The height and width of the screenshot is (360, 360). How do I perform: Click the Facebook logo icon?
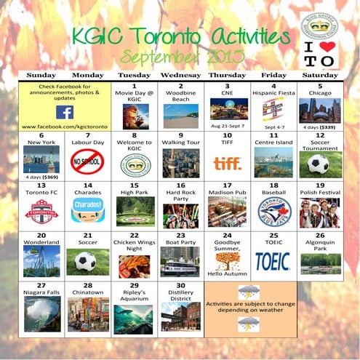pos(65,112)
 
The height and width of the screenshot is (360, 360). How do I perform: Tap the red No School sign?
pos(87,164)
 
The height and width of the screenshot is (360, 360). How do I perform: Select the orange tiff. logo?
pos(227,164)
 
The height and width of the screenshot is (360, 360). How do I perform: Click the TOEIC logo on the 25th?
pos(273,261)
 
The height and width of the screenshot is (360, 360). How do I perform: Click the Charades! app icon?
pos(87,207)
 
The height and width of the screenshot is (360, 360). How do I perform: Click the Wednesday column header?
pos(180,75)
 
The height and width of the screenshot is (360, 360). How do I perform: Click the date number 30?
pos(180,285)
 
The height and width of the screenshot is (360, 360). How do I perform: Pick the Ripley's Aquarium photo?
pos(134,318)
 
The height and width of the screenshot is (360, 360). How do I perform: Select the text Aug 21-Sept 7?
pos(227,126)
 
